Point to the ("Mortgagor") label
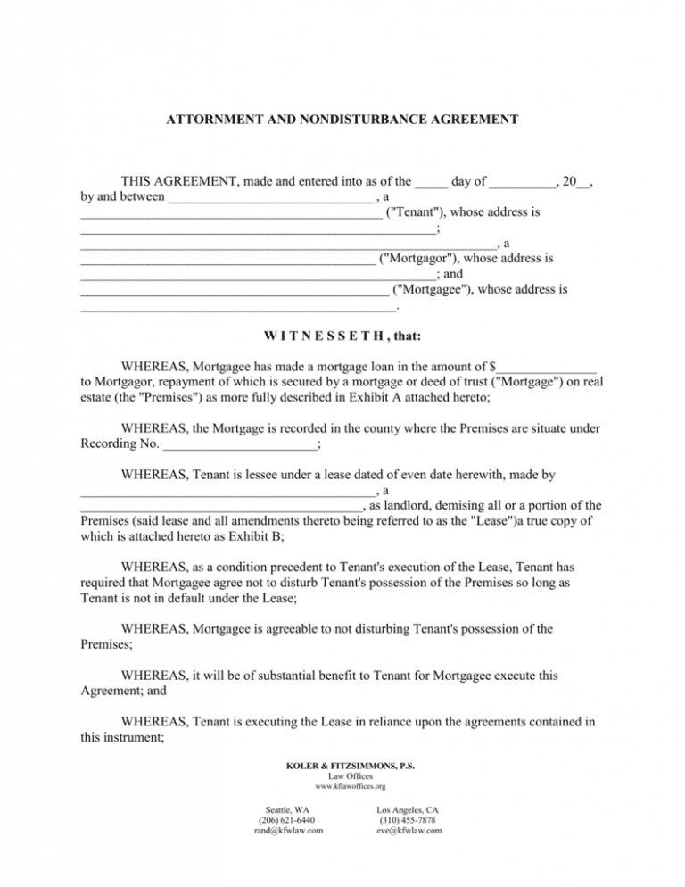click(x=425, y=259)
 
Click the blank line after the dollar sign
click(x=547, y=366)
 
